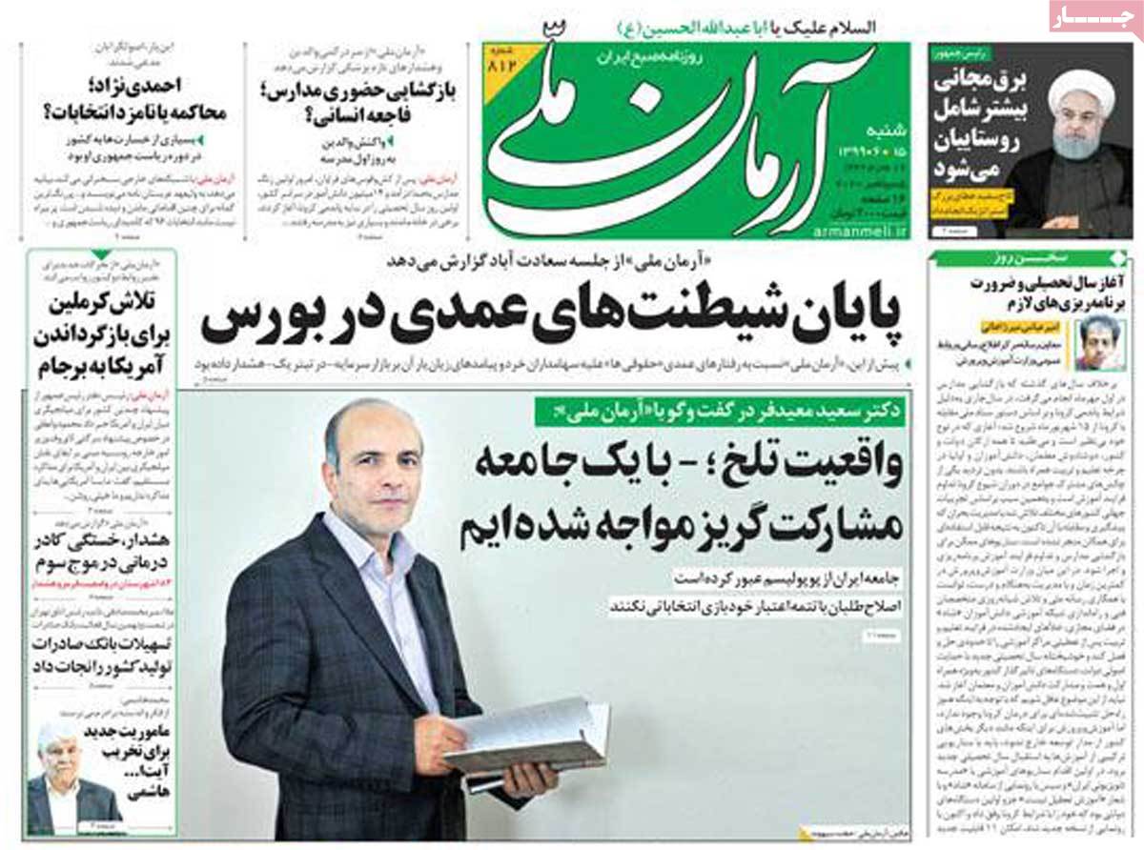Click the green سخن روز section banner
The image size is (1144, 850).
[x=1029, y=258]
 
